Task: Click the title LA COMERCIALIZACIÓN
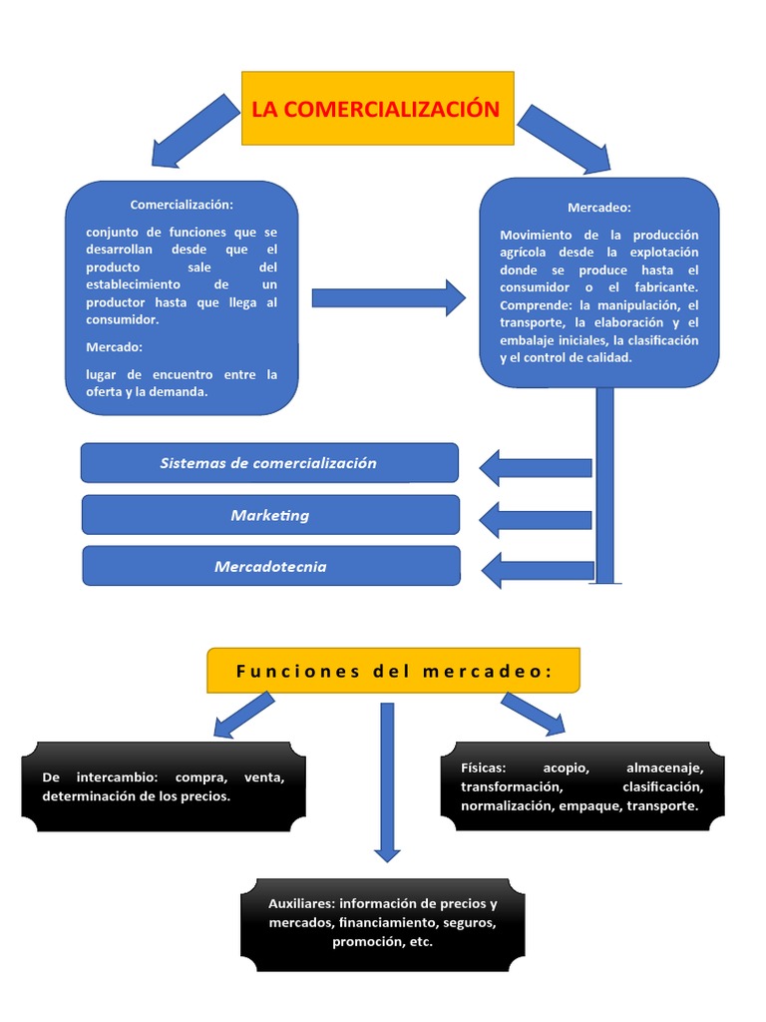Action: [x=376, y=109]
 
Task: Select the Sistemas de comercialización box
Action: [x=268, y=463]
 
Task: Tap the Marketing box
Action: [x=269, y=515]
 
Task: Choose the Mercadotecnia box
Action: [x=270, y=567]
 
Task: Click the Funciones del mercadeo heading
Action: [x=393, y=672]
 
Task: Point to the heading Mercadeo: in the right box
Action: [x=598, y=208]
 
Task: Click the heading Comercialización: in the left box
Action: [x=181, y=205]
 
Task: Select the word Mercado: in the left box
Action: [x=114, y=347]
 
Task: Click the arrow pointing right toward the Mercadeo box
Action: [x=388, y=297]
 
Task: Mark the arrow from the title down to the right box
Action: [x=564, y=138]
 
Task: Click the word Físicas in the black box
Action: [x=484, y=767]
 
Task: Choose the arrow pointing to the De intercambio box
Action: [x=243, y=715]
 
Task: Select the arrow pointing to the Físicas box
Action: [x=533, y=714]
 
